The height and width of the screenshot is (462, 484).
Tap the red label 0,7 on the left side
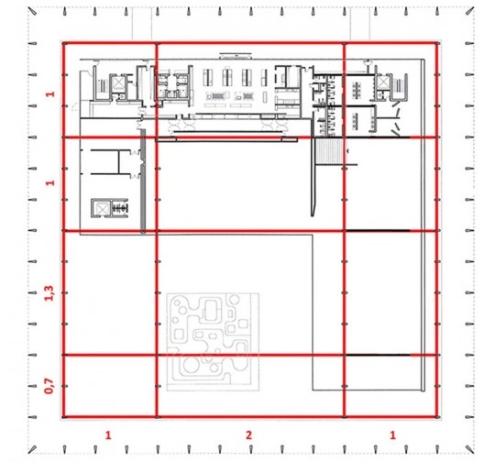(x=51, y=386)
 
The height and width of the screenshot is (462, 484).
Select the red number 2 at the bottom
(x=248, y=432)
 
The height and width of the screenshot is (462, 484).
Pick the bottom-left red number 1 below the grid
(x=109, y=432)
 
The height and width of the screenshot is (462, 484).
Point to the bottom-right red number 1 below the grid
(x=393, y=432)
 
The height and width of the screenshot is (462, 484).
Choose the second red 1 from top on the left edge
(x=51, y=183)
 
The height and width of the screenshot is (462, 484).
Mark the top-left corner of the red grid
(x=62, y=43)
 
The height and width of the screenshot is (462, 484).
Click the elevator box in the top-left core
(x=115, y=83)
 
